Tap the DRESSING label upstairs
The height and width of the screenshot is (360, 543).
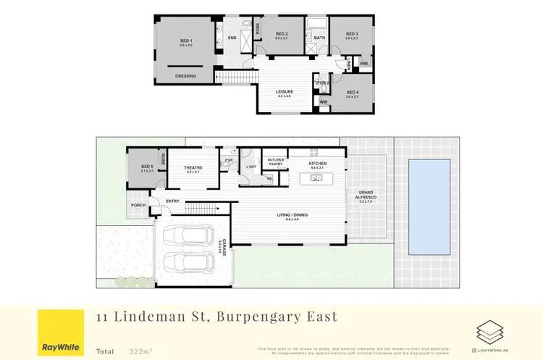[x=185, y=75]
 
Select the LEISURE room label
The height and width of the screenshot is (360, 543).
[x=283, y=91]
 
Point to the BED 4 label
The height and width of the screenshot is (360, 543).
[x=353, y=92]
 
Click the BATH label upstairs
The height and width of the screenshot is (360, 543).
[x=319, y=38]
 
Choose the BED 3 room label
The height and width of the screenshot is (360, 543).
[x=353, y=34]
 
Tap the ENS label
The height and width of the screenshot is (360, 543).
[x=232, y=38]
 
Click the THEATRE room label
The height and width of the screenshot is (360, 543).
[x=193, y=167]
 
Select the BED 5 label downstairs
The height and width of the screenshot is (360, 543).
[x=147, y=167]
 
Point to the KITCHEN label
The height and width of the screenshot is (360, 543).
[x=318, y=164]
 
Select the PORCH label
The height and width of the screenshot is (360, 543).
[x=138, y=205]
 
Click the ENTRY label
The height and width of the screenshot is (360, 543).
[x=172, y=201]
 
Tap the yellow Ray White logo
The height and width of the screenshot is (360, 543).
[x=59, y=332]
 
